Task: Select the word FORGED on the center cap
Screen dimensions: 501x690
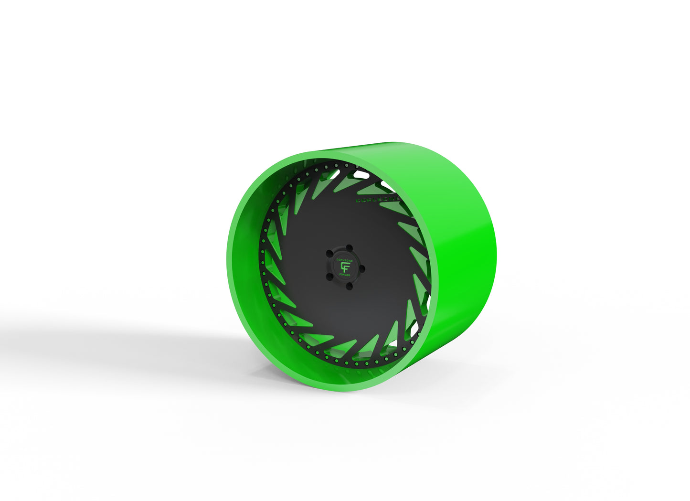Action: click(345, 275)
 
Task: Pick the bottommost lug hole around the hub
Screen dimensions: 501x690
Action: click(349, 286)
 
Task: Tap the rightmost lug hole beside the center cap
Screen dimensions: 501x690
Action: click(362, 269)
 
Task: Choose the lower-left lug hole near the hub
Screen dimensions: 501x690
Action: click(329, 277)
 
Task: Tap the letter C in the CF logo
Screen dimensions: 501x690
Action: click(342, 266)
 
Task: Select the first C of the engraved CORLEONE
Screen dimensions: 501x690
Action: click(358, 201)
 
